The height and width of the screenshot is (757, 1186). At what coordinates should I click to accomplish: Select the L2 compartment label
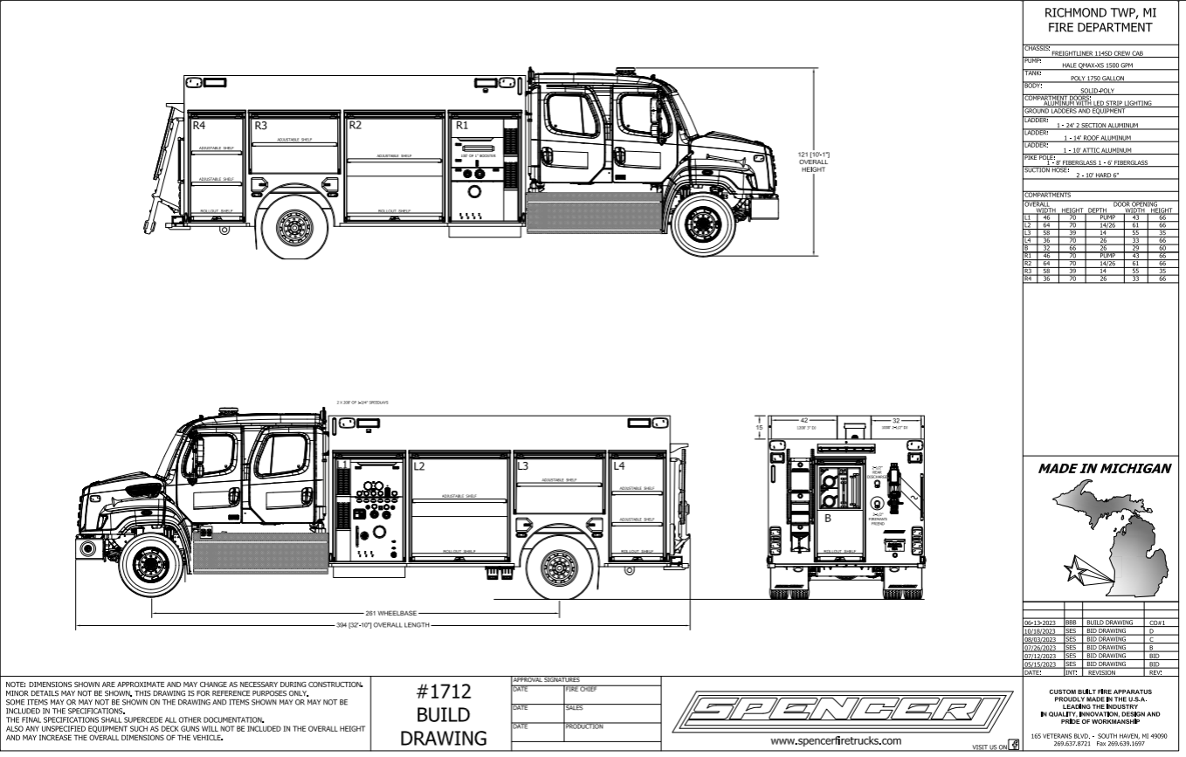click(419, 467)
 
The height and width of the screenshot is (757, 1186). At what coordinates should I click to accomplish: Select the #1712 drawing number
click(441, 692)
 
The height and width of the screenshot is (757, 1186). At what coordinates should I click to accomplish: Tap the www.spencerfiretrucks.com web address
click(837, 741)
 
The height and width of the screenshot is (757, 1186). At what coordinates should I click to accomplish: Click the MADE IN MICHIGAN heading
click(1104, 469)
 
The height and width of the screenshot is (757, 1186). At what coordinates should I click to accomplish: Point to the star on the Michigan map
click(1075, 571)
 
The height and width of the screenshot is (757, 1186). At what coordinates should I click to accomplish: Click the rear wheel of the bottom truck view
click(559, 568)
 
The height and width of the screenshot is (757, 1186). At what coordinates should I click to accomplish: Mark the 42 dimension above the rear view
click(805, 421)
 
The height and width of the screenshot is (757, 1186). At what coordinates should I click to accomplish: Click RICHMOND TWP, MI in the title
click(1104, 13)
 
